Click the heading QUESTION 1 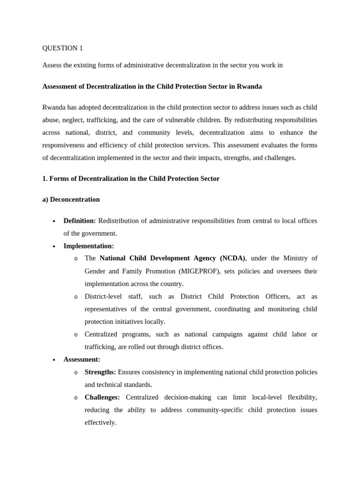pyautogui.click(x=62, y=48)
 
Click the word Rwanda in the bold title pyautogui.click(x=249, y=87)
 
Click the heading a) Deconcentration pyautogui.click(x=71, y=200)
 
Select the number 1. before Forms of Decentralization pyautogui.click(x=45, y=179)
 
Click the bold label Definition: pyautogui.click(x=79, y=221)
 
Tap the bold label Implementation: pyautogui.click(x=89, y=246)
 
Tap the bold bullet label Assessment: pyautogui.click(x=82, y=360)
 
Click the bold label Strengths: pyautogui.click(x=100, y=372)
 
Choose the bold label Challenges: pyautogui.click(x=102, y=397)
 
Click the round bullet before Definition pyautogui.click(x=54, y=221)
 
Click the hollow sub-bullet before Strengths pyautogui.click(x=76, y=373)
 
